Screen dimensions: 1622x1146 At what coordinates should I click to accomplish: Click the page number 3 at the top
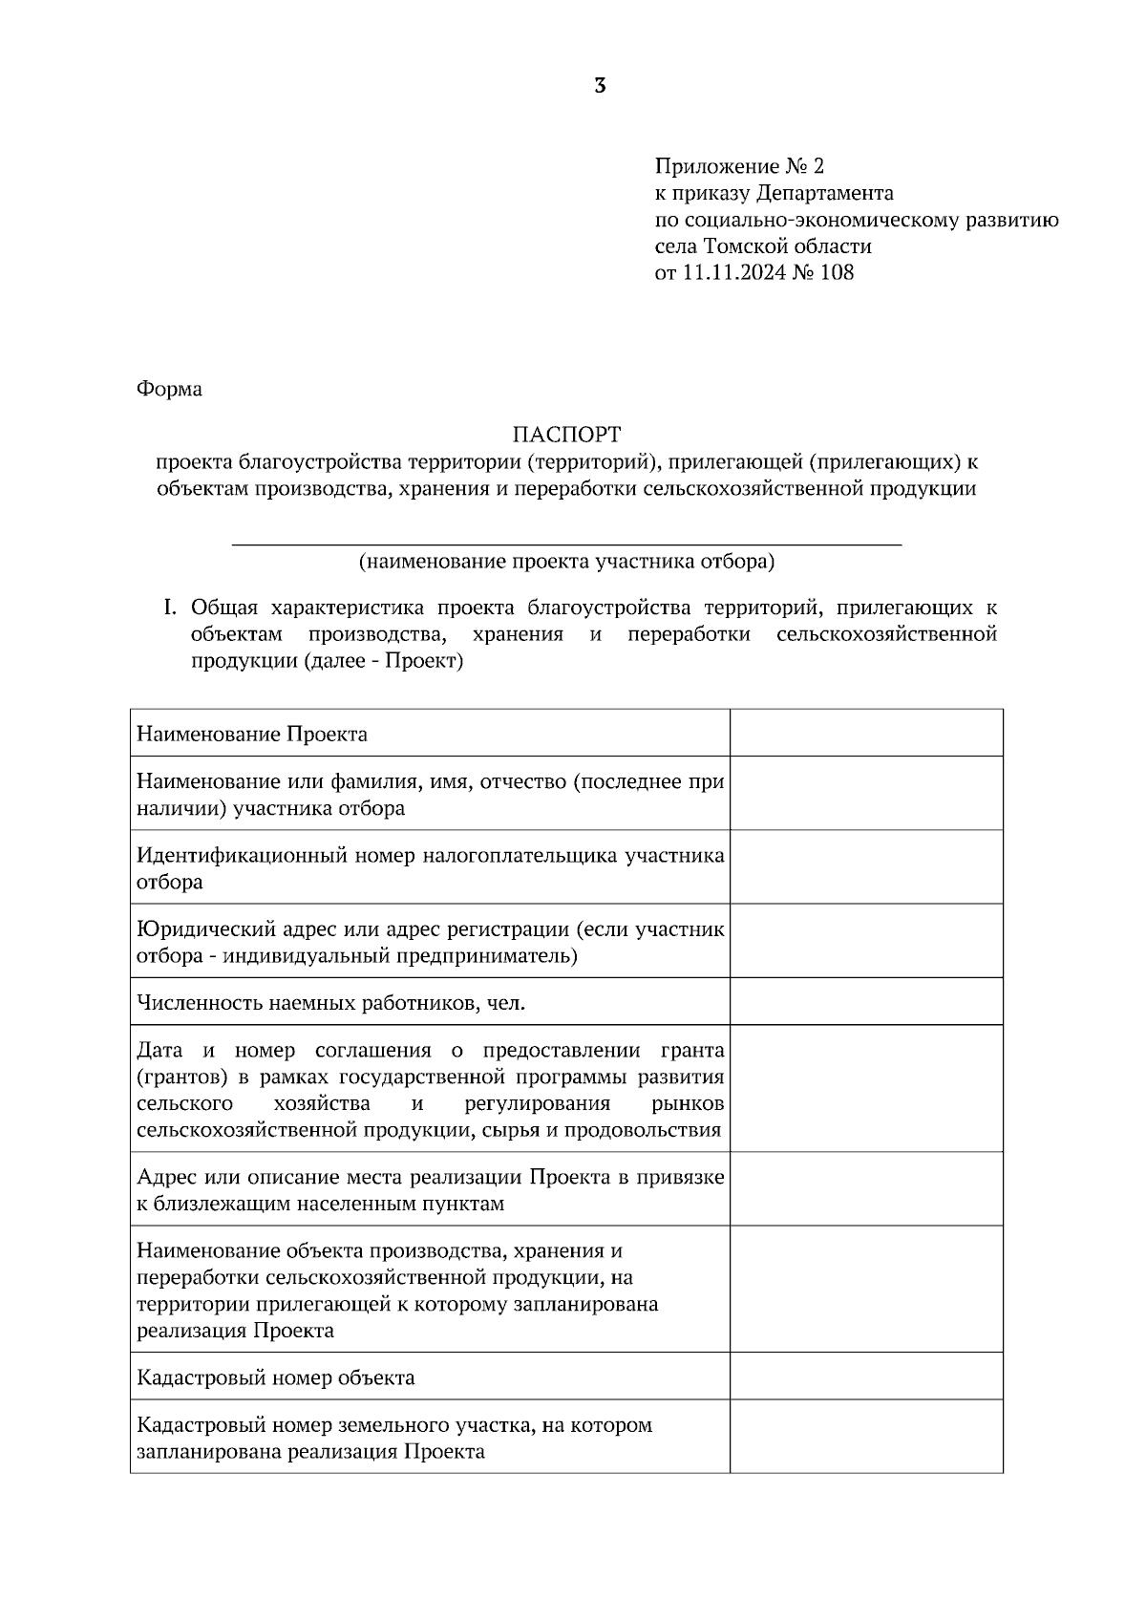(600, 86)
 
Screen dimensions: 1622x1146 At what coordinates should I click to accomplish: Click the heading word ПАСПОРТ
(566, 436)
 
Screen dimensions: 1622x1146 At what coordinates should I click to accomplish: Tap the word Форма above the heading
(169, 390)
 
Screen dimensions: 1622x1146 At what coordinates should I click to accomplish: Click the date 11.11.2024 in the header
(733, 273)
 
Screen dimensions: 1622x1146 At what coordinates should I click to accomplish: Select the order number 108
(837, 273)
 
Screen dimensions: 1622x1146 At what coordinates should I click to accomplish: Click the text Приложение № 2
(738, 166)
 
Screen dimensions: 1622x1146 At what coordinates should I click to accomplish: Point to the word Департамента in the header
(825, 193)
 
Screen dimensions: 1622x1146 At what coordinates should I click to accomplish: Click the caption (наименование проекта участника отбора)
(566, 562)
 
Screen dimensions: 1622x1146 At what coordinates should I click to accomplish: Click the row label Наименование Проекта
(252, 735)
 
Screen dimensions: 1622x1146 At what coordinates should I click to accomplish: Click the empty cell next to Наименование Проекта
(865, 733)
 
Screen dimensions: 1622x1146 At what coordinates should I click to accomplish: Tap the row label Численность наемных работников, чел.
(331, 1003)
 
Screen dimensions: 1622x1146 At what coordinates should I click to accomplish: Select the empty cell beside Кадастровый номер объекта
(865, 1376)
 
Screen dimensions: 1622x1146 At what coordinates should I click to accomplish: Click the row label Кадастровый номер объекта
(276, 1377)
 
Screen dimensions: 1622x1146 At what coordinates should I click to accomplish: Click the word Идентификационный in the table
(241, 856)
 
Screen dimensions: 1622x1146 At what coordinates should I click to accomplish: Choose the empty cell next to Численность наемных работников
(865, 1001)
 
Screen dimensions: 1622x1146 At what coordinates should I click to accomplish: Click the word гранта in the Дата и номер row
(692, 1051)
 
